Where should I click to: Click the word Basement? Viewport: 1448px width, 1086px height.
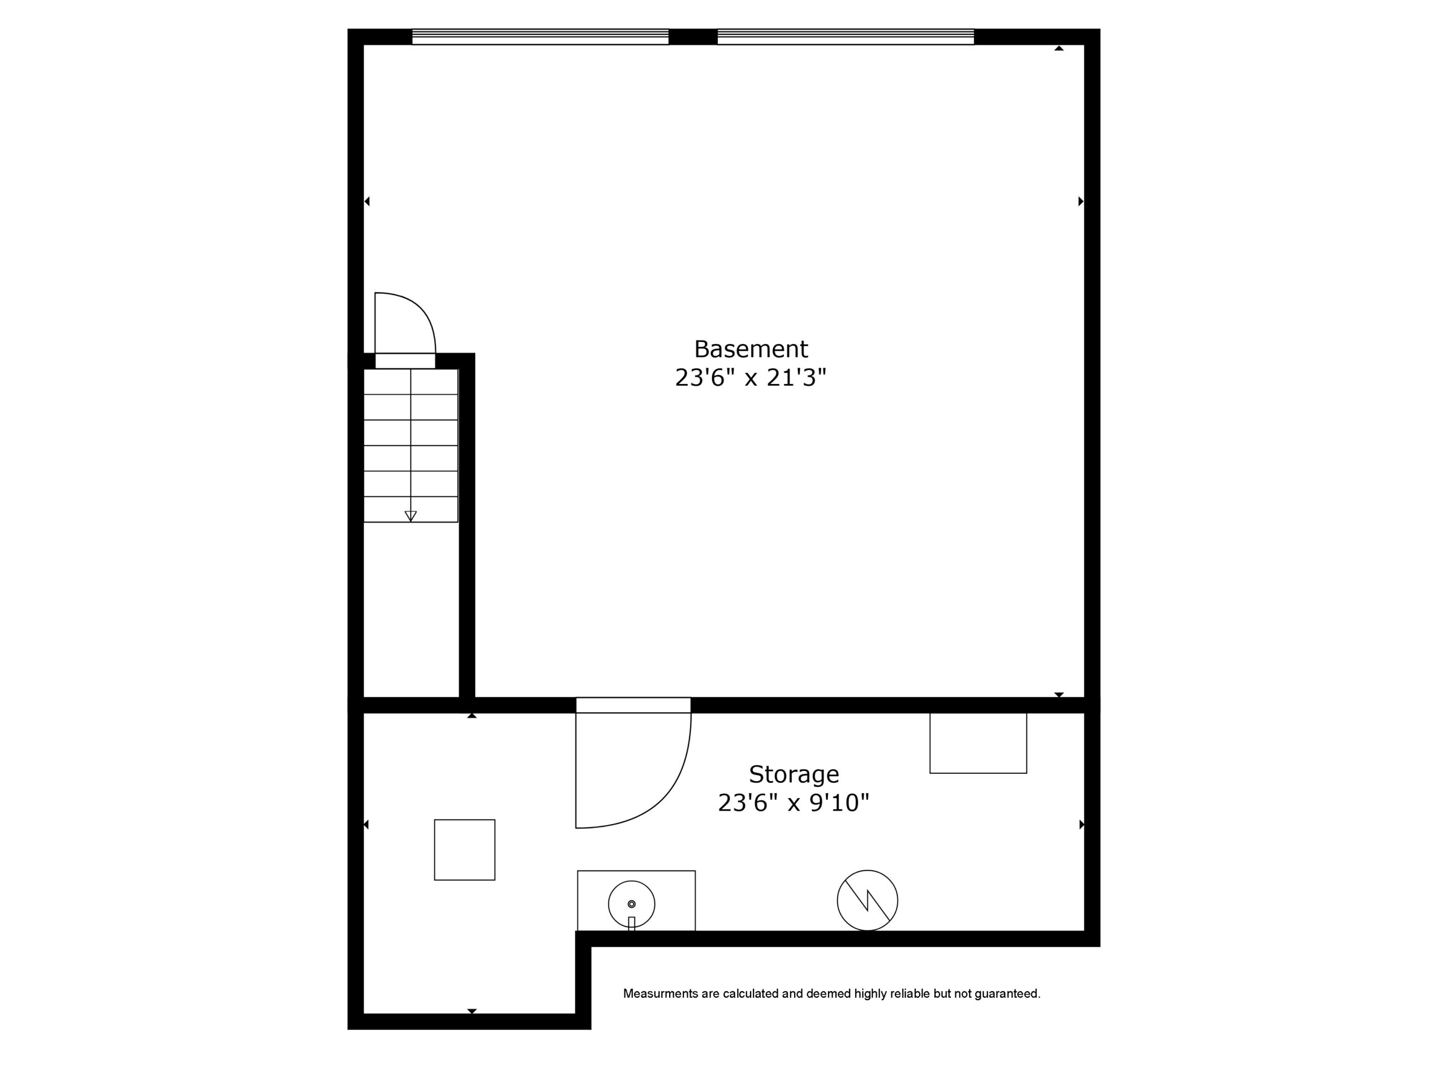click(x=751, y=349)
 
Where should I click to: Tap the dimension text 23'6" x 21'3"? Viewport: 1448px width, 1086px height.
click(x=751, y=378)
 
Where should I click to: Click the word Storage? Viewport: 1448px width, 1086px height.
click(x=794, y=775)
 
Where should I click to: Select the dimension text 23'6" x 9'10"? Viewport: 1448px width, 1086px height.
click(x=794, y=803)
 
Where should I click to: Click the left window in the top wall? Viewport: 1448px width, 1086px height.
click(x=540, y=37)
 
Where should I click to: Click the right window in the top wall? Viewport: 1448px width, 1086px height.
click(x=846, y=37)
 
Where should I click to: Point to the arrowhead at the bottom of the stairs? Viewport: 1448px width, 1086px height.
click(x=411, y=516)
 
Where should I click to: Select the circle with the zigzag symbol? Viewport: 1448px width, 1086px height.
click(x=867, y=900)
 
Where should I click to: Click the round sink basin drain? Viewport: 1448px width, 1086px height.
click(x=632, y=904)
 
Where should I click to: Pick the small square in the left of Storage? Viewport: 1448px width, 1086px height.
click(x=465, y=850)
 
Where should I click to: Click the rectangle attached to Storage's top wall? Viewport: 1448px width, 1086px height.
click(x=978, y=743)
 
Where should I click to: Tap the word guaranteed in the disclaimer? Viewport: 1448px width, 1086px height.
click(x=1007, y=994)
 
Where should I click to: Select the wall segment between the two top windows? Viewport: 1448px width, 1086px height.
click(x=693, y=37)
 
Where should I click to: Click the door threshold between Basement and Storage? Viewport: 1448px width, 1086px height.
click(x=633, y=705)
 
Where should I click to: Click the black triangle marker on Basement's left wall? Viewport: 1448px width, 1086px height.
click(x=367, y=201)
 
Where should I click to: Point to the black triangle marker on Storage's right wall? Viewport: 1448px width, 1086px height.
click(x=1081, y=825)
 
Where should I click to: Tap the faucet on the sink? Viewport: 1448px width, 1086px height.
click(x=632, y=924)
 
